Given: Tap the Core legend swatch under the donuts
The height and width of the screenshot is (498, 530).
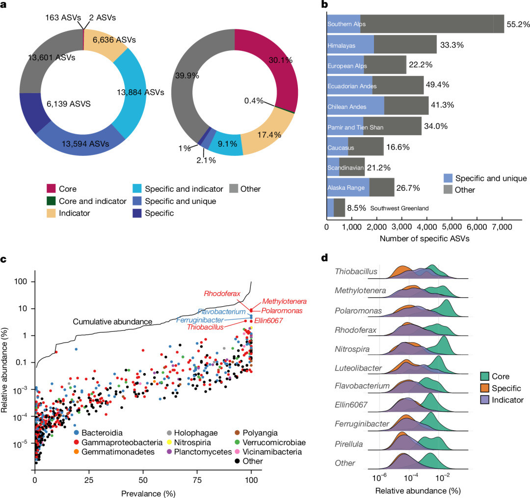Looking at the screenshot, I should tap(52, 189).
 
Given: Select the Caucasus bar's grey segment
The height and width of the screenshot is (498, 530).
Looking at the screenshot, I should tap(366, 146).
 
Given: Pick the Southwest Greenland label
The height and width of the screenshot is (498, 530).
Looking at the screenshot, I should tap(399, 208).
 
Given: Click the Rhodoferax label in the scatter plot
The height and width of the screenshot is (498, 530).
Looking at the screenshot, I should tap(223, 294).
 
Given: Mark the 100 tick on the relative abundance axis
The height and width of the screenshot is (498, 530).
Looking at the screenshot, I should tap(23, 281).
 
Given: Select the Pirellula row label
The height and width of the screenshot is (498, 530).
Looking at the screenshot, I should tap(349, 444).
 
